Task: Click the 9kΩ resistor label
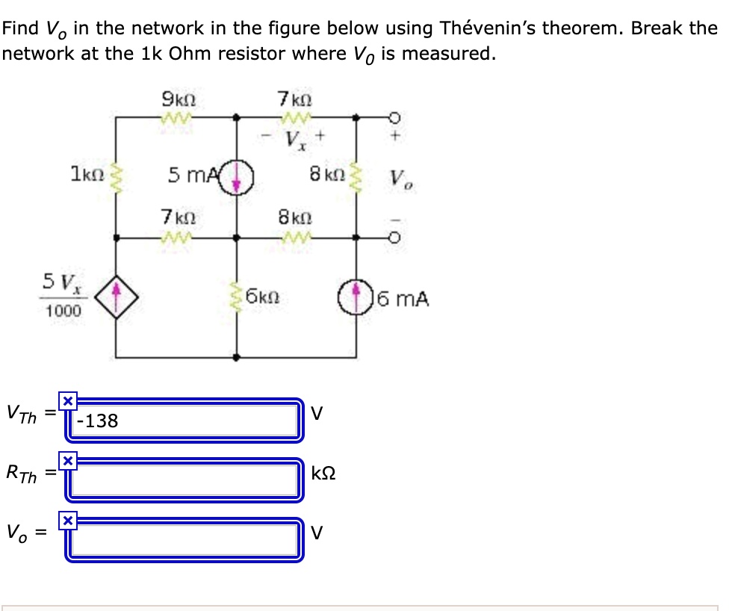(179, 99)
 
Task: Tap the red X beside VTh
(67, 402)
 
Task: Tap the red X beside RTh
(67, 461)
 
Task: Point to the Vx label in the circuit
(297, 140)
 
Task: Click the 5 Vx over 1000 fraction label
(62, 296)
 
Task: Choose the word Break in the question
(657, 29)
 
